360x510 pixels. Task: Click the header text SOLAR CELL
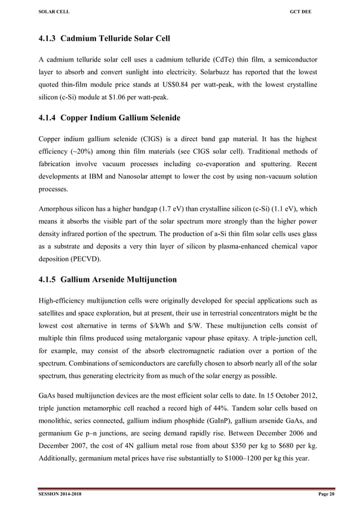[x=52, y=12]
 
